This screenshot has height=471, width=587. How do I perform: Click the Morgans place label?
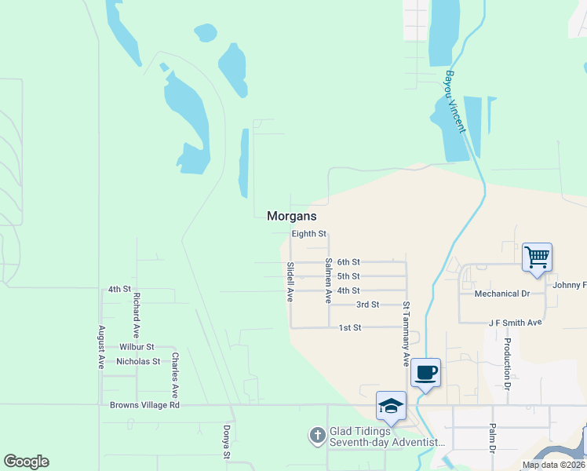coord(292,215)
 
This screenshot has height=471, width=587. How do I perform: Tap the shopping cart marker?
coord(537,256)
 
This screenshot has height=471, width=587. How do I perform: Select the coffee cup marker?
coord(425,372)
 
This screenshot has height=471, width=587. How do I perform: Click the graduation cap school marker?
coord(391,405)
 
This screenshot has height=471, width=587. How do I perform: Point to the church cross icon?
coord(317,434)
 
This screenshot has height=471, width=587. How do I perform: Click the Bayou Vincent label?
coord(457,102)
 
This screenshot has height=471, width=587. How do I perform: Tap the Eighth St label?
coord(308,234)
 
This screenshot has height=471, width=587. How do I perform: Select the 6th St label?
coord(348,261)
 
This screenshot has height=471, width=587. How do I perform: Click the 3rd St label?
coord(367,305)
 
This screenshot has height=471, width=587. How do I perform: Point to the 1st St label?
coord(349,327)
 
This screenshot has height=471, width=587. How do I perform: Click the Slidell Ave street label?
coord(290,283)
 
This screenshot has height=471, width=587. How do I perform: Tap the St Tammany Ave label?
coord(407,334)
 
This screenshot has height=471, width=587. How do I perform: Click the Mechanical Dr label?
coord(502,294)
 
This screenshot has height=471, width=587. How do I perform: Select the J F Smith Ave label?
coord(515,323)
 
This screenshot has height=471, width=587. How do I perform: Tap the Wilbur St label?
coord(137,346)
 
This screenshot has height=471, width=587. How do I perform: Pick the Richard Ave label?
coord(137,311)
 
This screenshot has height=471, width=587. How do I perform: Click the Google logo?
coord(26,462)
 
